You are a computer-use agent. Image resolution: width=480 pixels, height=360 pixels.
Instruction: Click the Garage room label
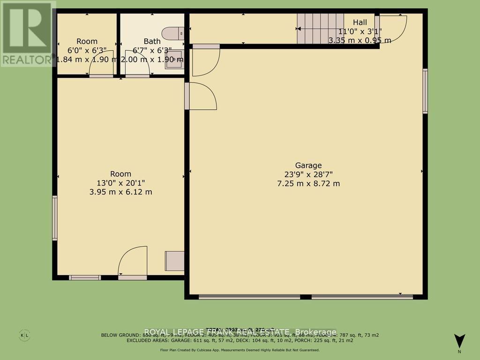(x=308, y=165)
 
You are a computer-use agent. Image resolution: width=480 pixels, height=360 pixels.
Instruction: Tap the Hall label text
(x=360, y=22)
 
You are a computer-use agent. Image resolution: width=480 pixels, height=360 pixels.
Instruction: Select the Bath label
(x=152, y=41)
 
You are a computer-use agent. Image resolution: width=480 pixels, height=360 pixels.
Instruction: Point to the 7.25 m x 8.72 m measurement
(x=308, y=183)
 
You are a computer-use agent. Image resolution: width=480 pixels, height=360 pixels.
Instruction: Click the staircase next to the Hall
(x=321, y=28)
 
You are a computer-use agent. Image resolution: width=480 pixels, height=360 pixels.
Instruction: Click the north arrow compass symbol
(x=459, y=340)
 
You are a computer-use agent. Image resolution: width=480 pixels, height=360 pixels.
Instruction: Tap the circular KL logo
(x=24, y=335)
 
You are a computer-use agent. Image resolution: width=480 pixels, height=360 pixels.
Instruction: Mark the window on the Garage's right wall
(x=425, y=91)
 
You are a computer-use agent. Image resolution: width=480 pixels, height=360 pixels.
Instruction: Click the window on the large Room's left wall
(x=55, y=218)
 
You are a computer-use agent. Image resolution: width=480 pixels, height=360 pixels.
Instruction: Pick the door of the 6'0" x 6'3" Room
(x=102, y=64)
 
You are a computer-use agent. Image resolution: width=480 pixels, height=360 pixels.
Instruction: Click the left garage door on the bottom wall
(x=249, y=297)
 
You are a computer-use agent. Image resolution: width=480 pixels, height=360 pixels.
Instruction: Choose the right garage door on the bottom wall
(x=362, y=297)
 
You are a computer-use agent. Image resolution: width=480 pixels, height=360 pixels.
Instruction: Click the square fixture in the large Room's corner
(x=175, y=261)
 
